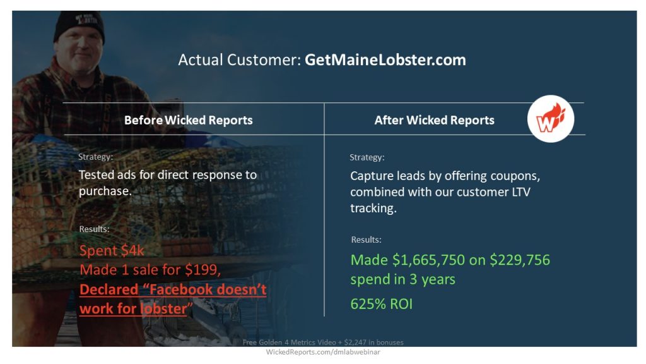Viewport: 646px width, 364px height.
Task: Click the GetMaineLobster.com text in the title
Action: (x=385, y=60)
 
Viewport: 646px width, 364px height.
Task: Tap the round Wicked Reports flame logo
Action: (x=550, y=119)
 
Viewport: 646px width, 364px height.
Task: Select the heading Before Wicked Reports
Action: (x=188, y=120)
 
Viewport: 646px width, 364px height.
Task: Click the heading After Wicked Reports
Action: (x=434, y=120)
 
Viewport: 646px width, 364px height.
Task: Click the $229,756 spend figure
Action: (x=520, y=260)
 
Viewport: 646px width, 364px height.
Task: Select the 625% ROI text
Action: (x=382, y=304)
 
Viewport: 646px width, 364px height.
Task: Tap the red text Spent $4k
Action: (x=112, y=250)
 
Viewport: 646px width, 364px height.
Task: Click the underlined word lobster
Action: (x=163, y=308)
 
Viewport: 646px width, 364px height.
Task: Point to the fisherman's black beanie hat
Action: (x=79, y=25)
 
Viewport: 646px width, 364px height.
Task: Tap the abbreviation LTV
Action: (x=521, y=192)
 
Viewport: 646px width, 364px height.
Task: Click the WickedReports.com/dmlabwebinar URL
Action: (x=322, y=352)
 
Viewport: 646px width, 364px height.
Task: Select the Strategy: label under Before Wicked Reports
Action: (x=96, y=157)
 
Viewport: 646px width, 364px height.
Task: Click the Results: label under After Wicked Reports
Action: (x=367, y=240)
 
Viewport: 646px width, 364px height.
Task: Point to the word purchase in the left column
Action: (x=105, y=191)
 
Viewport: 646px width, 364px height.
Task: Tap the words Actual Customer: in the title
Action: (x=240, y=60)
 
